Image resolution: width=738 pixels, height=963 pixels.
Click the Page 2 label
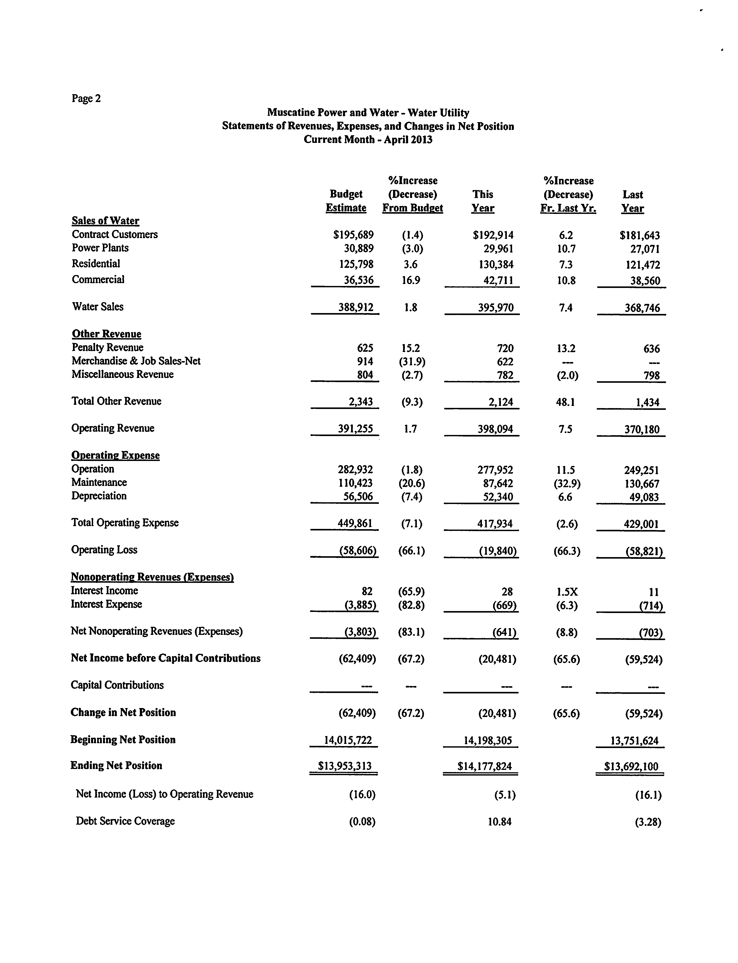[86, 98]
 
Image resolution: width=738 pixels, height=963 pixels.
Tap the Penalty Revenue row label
[108, 348]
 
